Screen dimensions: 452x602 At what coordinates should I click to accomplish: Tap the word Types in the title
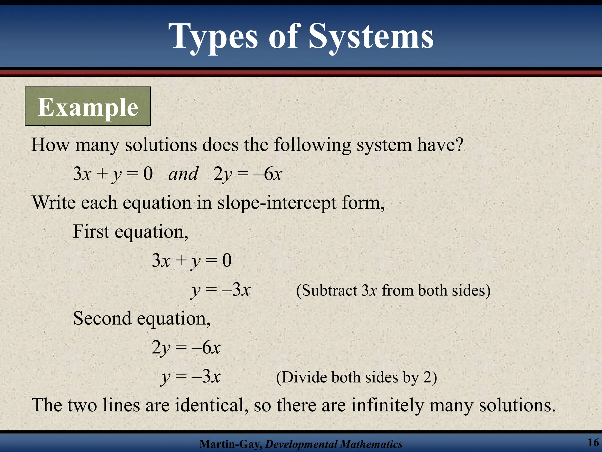[213, 36]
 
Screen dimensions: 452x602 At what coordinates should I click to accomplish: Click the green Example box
[88, 107]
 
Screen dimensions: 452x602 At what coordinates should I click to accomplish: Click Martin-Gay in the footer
[230, 444]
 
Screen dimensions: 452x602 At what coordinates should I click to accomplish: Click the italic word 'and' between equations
[183, 174]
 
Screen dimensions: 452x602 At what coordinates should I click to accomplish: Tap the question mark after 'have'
[459, 144]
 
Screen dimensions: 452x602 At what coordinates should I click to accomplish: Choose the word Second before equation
[102, 318]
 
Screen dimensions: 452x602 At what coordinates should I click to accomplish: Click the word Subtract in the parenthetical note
[330, 290]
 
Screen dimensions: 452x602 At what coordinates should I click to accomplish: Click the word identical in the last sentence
[210, 405]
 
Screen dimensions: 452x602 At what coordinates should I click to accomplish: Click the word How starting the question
[50, 144]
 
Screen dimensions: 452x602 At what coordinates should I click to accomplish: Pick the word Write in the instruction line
[54, 203]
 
